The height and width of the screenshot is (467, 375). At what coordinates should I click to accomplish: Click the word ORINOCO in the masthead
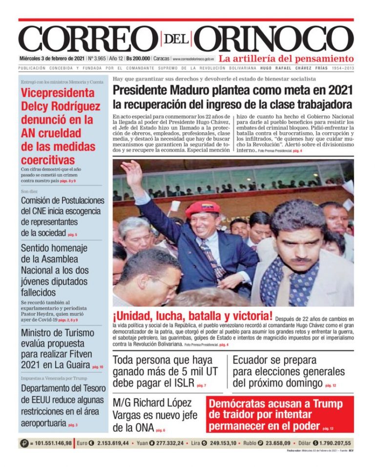[276, 38]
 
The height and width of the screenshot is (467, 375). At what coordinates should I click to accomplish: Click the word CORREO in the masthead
[85, 38]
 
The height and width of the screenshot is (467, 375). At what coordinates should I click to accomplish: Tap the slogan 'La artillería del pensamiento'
[286, 59]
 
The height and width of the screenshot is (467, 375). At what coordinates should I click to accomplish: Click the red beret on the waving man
[203, 208]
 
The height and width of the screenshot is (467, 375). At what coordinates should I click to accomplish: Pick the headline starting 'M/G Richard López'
[152, 403]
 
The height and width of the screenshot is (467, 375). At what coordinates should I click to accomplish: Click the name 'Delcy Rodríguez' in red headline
[61, 106]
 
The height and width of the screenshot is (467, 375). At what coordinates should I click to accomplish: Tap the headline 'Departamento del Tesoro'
[62, 388]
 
